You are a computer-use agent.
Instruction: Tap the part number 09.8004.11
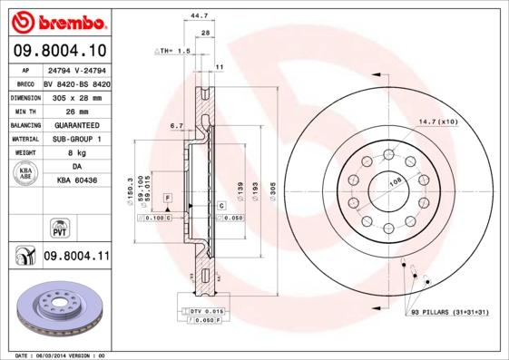pos(76,257)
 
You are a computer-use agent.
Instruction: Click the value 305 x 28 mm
pos(76,95)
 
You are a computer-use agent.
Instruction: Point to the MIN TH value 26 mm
pos(76,109)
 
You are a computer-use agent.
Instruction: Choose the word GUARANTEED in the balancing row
pos(76,123)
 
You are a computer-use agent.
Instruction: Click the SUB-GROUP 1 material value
pos(76,138)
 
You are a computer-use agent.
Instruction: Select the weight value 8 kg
pos(76,152)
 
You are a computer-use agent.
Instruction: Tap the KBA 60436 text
pos(76,180)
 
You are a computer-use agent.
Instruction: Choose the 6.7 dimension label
pos(177,126)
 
